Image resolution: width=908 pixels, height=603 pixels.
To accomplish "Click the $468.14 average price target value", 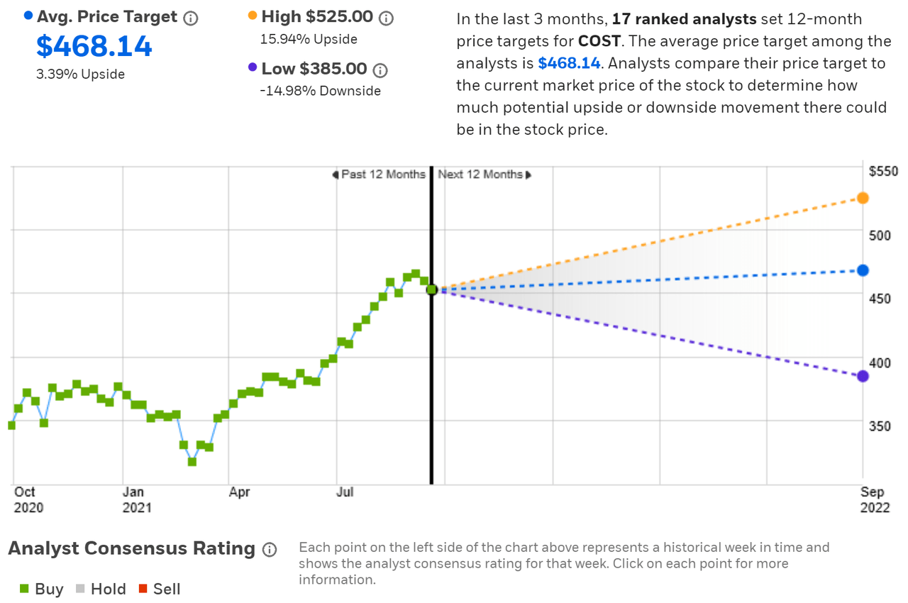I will [94, 47].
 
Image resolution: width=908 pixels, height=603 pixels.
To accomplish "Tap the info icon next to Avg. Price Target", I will [191, 18].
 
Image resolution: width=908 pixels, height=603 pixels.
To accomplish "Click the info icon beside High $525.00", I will [385, 18].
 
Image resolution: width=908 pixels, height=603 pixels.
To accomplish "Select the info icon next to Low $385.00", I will [380, 70].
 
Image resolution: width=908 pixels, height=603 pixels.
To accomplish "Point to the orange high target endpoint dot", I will [863, 198].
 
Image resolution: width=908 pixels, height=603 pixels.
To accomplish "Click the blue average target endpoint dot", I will [863, 270].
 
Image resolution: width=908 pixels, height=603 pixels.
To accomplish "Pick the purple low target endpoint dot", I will [863, 376].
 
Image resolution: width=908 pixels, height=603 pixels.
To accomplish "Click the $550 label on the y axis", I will [883, 171].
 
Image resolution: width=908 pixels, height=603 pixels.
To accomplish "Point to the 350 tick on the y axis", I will [880, 426].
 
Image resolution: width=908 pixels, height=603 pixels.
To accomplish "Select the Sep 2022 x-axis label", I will [873, 499].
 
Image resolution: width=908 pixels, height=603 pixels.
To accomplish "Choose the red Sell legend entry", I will [159, 589].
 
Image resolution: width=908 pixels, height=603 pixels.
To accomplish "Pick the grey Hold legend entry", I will [101, 589].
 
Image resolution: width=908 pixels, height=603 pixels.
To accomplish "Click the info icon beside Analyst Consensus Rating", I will [269, 550].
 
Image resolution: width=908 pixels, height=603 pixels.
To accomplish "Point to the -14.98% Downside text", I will [321, 91].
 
